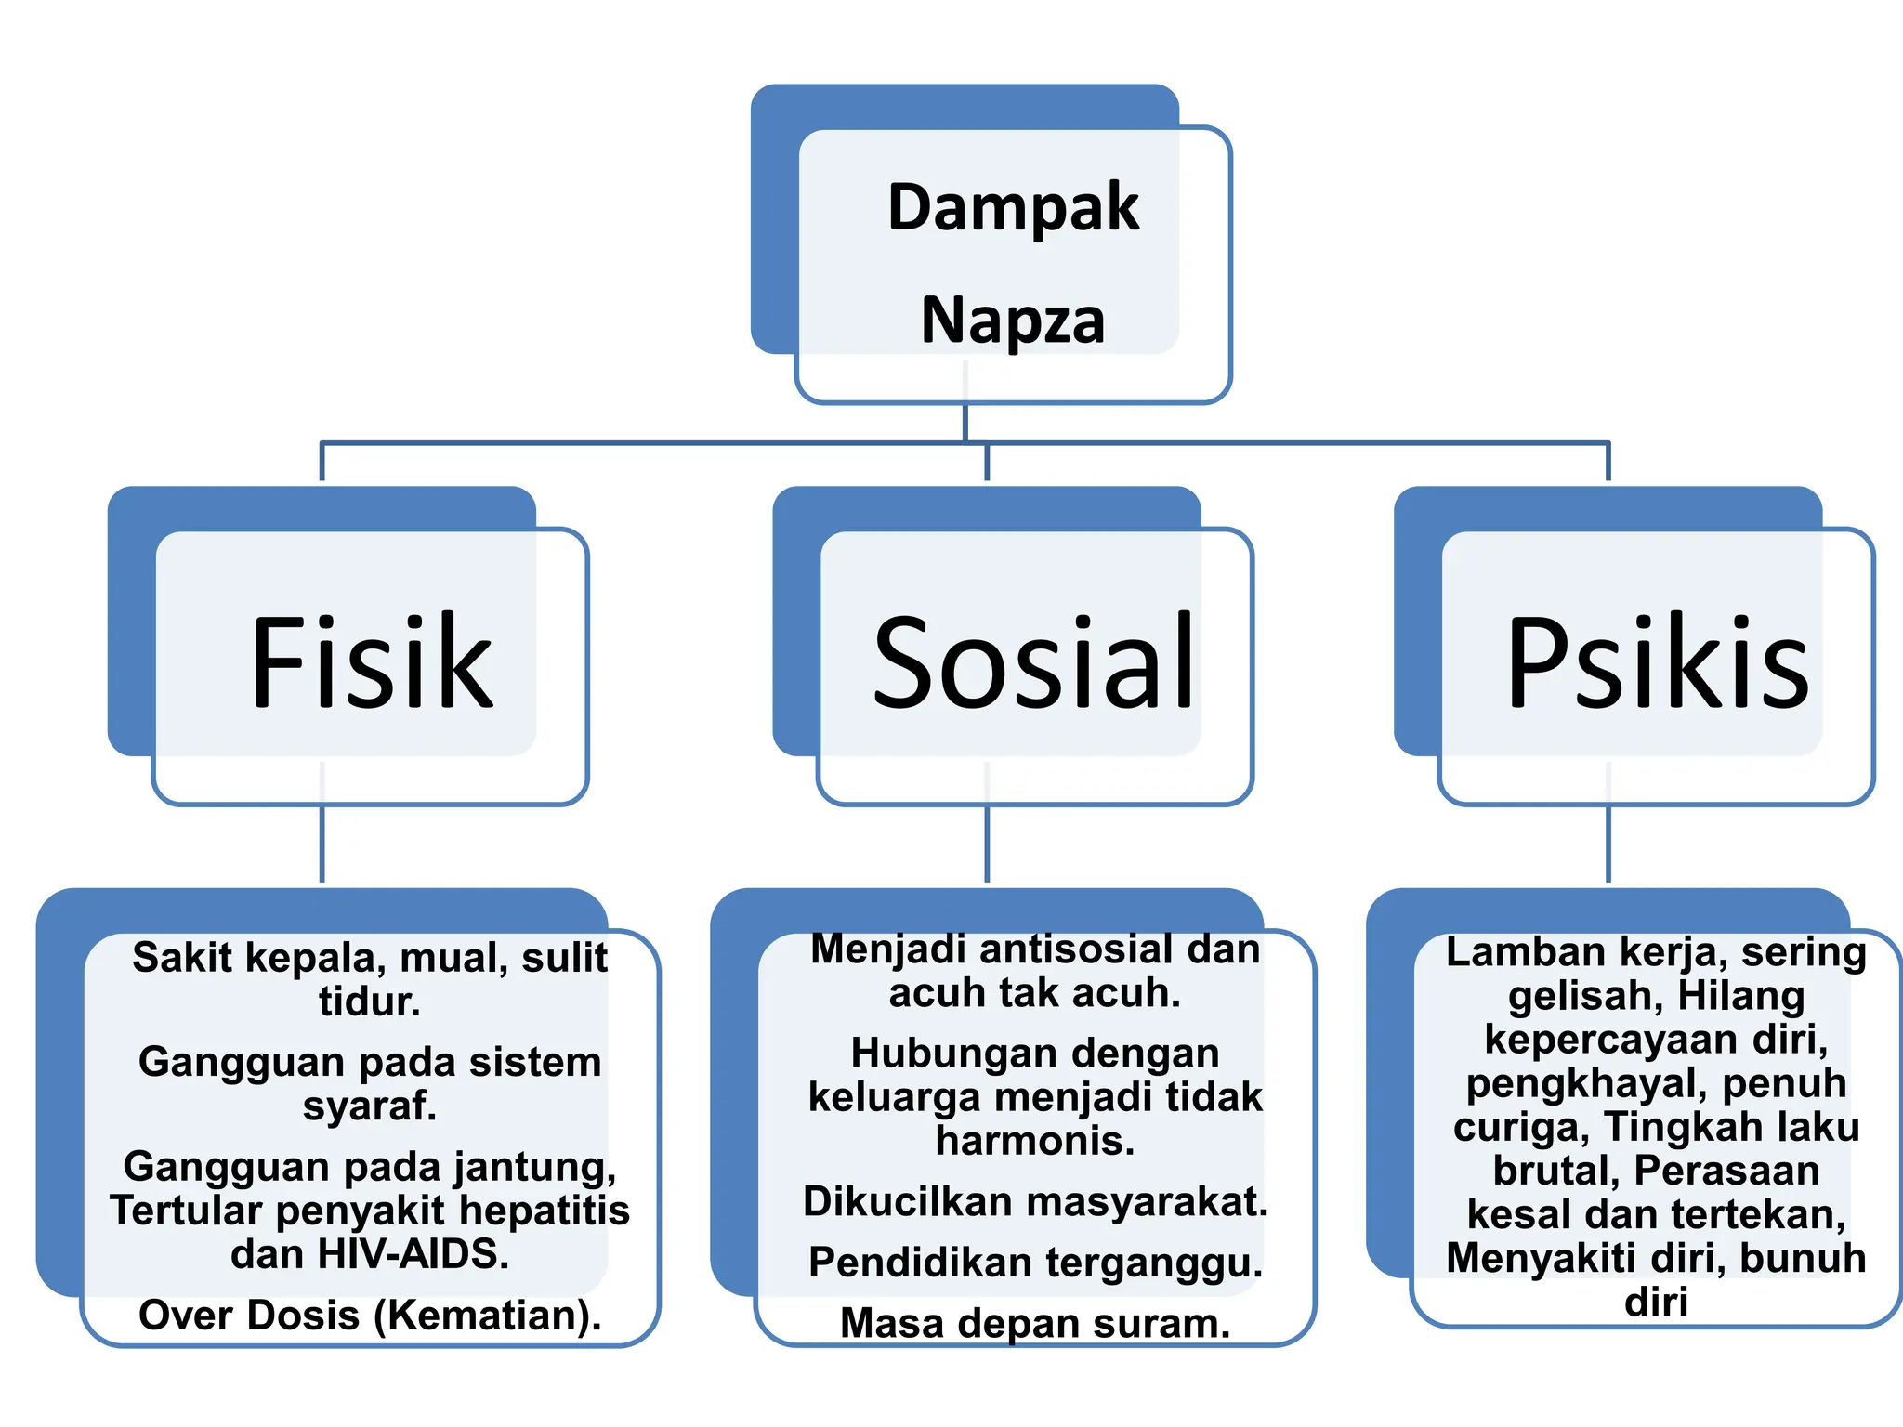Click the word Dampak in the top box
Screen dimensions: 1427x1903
(1013, 207)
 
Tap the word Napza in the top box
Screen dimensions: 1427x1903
(1013, 321)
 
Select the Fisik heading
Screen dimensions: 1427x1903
(372, 661)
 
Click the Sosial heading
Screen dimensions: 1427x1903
(1033, 661)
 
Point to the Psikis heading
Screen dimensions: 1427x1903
(1658, 661)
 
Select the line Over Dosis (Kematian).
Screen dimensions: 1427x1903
(370, 1316)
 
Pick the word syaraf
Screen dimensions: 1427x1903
(370, 1106)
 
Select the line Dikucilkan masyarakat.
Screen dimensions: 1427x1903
(1035, 1202)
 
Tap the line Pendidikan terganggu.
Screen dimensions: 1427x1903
(1035, 1263)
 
